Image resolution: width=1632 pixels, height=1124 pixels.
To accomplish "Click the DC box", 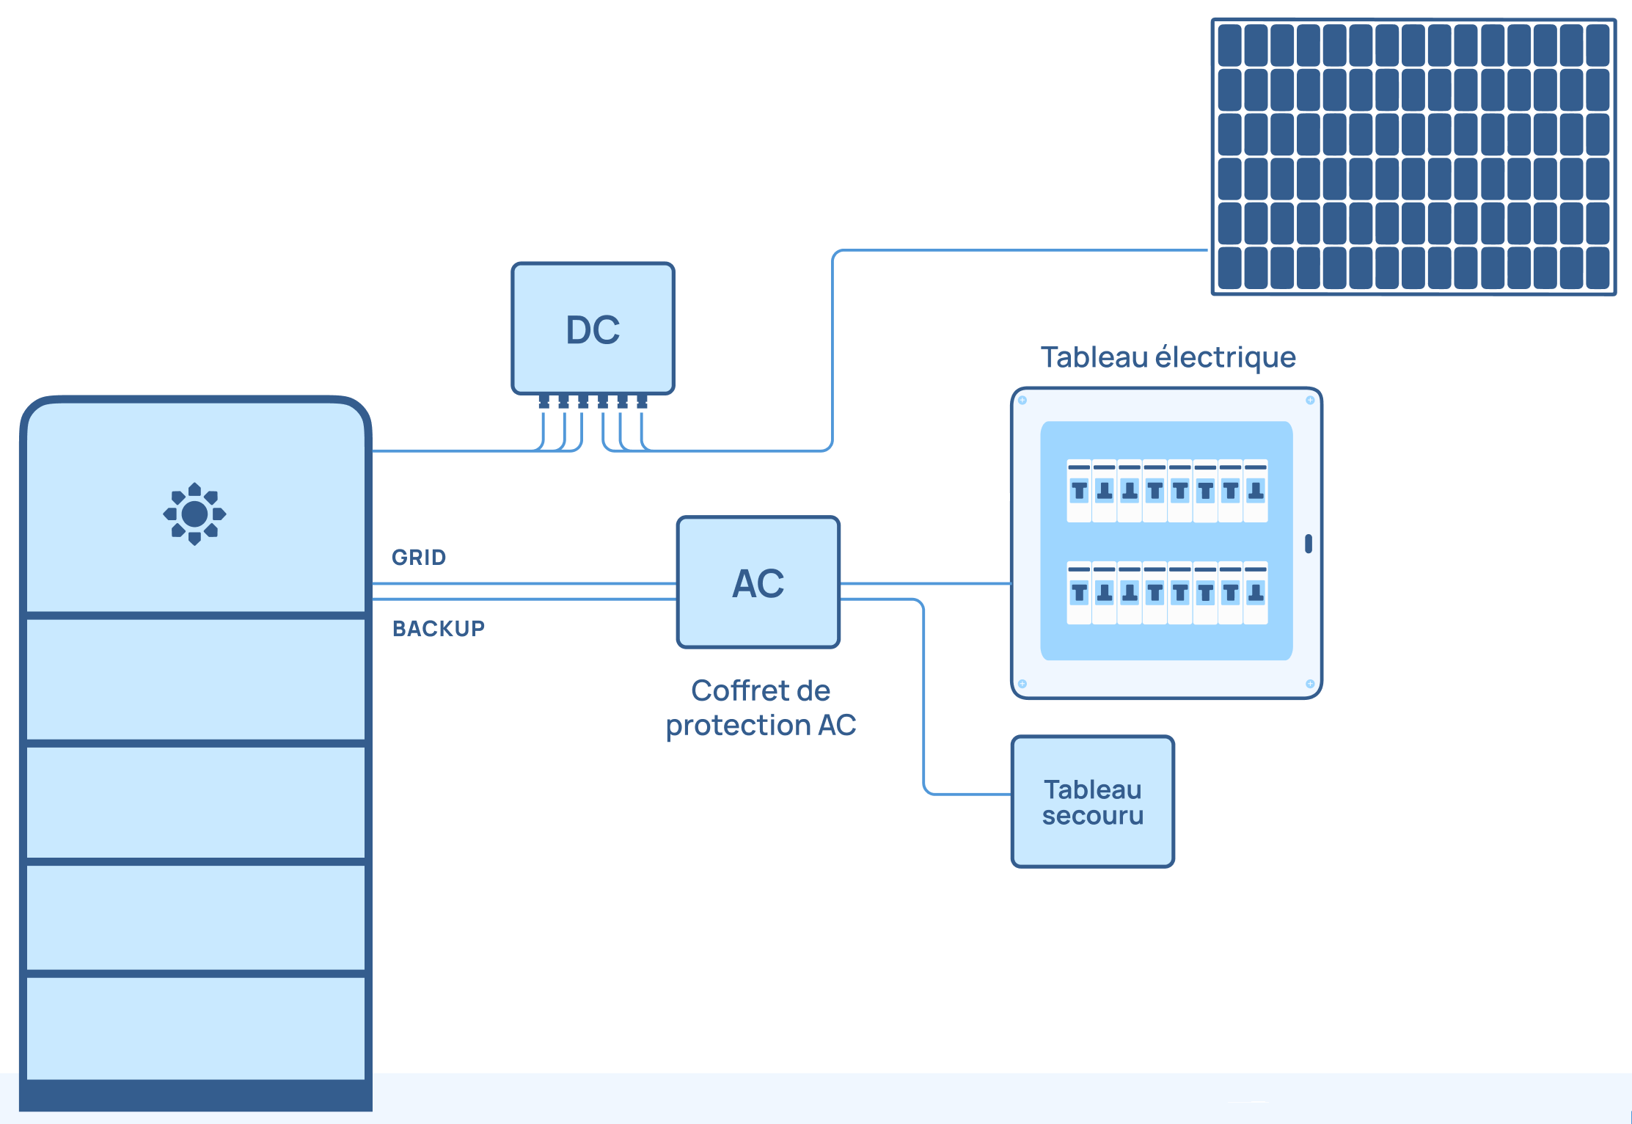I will tap(593, 329).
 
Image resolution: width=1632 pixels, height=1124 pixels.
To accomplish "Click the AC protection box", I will tap(758, 583).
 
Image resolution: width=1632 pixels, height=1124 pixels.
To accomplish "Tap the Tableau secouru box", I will tap(1092, 802).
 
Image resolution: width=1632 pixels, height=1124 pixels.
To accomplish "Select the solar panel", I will tap(1413, 157).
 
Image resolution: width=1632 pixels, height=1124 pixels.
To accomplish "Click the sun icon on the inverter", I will tap(194, 514).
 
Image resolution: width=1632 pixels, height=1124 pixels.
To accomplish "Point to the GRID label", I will tap(419, 558).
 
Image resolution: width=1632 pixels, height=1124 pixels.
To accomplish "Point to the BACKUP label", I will tap(439, 629).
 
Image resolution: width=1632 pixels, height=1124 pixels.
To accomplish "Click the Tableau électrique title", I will tap(1168, 357).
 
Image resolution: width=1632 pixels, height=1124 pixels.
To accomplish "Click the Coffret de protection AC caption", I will tap(761, 708).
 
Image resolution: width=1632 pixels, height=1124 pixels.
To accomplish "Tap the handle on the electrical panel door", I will tap(1309, 544).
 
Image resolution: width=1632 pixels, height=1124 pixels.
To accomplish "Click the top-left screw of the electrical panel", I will tap(1022, 401).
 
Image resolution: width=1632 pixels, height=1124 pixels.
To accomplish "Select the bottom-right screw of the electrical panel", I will tap(1310, 684).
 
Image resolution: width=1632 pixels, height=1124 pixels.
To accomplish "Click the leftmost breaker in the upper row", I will tap(1079, 491).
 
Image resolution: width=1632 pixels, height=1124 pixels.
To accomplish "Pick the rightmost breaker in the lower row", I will tap(1256, 593).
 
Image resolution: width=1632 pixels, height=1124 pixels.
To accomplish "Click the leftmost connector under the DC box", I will tap(544, 401).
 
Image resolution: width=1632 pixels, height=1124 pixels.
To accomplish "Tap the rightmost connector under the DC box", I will tap(642, 401).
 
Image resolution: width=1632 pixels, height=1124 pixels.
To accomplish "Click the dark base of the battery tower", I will tap(196, 1095).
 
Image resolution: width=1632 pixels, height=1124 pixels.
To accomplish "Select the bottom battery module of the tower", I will tap(196, 1027).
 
